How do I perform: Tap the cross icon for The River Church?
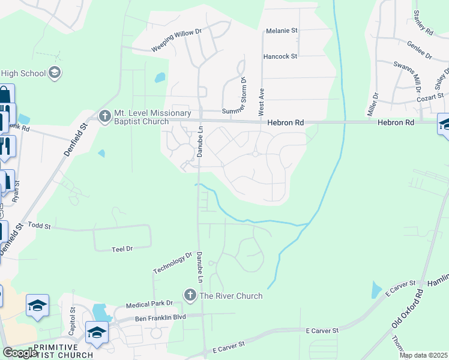(190, 295)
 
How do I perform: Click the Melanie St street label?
(282, 30)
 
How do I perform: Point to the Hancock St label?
(280, 56)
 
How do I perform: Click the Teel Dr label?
(122, 248)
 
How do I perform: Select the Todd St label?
(40, 226)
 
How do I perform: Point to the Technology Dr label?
(172, 262)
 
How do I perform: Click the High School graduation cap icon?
(55, 73)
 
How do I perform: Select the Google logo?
(20, 353)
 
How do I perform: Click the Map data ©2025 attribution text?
(424, 355)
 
